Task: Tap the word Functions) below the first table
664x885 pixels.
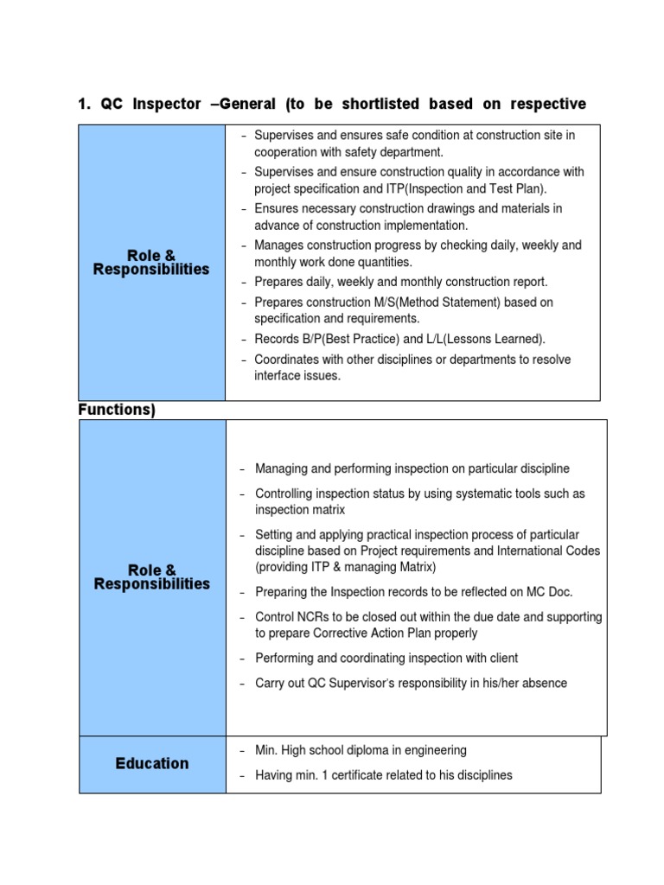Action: (x=117, y=410)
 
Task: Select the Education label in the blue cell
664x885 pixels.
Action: (x=152, y=763)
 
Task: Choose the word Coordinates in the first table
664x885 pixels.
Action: (x=290, y=360)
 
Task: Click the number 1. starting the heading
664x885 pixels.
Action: (x=85, y=105)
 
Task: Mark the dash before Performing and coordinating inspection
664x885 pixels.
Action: (x=244, y=659)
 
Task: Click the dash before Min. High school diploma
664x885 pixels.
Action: (x=244, y=750)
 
